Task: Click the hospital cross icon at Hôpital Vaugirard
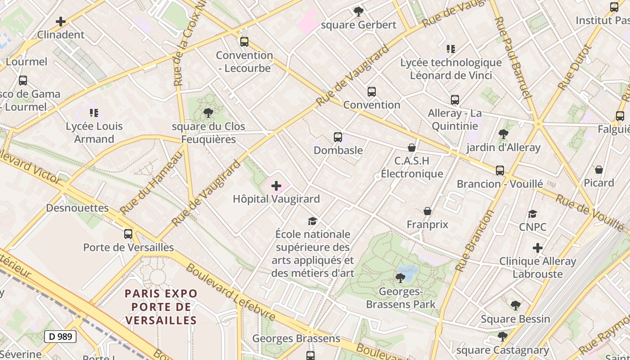pos(276,186)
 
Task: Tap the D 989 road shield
pos(60,336)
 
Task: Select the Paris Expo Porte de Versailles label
pos(161,307)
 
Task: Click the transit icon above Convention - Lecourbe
pos(244,42)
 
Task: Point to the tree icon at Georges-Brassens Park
pos(400,278)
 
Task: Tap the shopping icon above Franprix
pos(427,211)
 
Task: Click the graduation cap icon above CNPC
pos(533,214)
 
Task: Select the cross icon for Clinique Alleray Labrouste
pos(537,248)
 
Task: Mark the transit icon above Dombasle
pos(338,137)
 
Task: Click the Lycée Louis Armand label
pos(94,132)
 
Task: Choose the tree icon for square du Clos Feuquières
pos(208,112)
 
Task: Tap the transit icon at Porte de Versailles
pos(128,234)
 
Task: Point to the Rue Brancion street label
pos(475,241)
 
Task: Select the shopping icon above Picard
pos(599,170)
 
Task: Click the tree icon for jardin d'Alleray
pos(503,134)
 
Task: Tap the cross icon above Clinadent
pos(61,21)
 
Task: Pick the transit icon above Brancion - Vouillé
pos(500,171)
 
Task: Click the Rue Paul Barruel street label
pos(513,57)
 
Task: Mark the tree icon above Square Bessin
pos(515,306)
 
